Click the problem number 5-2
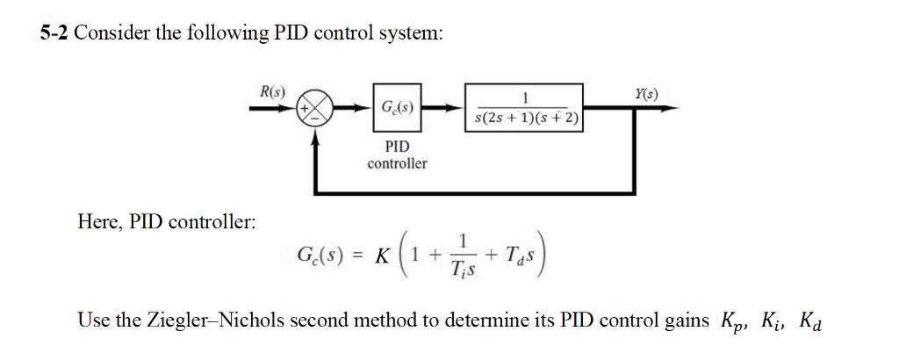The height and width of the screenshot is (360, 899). [x=55, y=34]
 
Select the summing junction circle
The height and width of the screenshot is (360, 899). [x=314, y=110]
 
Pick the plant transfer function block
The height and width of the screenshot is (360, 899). [x=525, y=109]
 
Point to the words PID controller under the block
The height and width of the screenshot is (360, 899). [x=397, y=155]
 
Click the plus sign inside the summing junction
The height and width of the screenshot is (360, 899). [x=306, y=110]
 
